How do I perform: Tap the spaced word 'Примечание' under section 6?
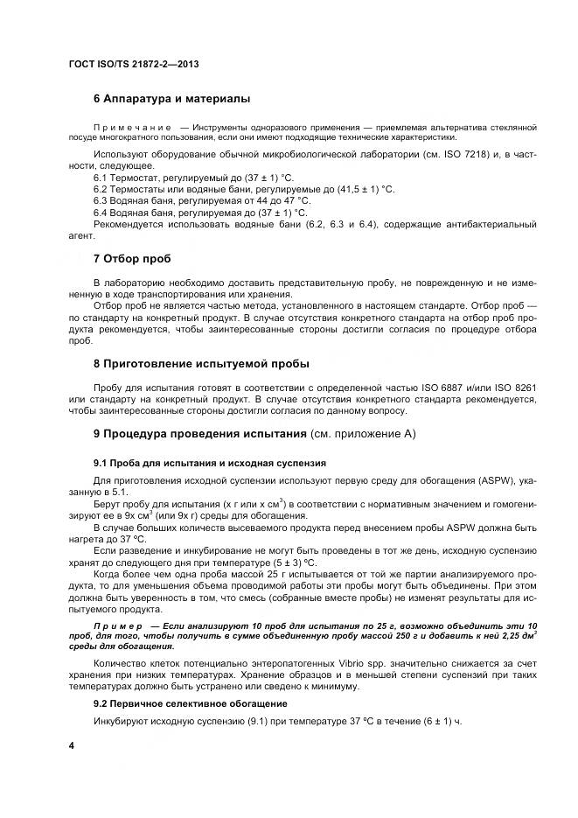(x=125, y=127)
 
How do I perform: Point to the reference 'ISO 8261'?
(x=510, y=388)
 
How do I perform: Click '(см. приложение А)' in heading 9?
(x=363, y=434)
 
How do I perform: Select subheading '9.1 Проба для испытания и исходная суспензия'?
(x=210, y=463)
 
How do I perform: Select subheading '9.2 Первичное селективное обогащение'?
(x=190, y=703)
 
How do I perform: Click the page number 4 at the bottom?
(x=72, y=745)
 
